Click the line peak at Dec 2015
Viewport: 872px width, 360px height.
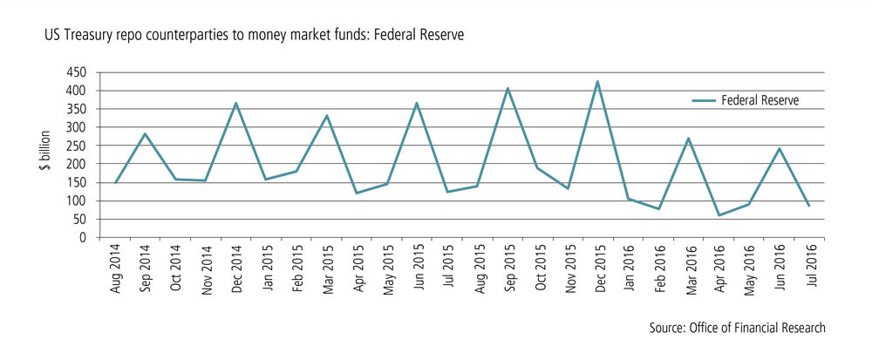[597, 82]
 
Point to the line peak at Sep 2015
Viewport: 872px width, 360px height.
[508, 88]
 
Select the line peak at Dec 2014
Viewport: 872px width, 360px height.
[235, 103]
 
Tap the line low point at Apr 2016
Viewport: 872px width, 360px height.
[719, 215]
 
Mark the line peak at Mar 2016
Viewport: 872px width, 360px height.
[689, 139]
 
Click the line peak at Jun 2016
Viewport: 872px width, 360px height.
[780, 148]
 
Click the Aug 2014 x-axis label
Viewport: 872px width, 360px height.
[116, 268]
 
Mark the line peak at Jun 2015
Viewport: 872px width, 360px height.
[417, 103]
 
